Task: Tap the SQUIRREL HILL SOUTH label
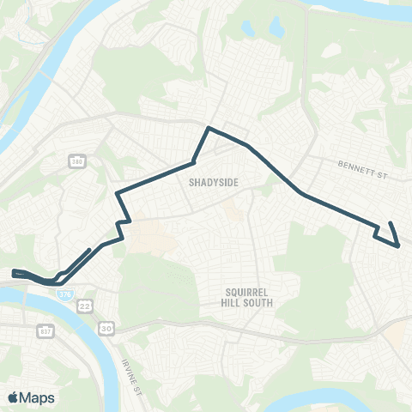tap(245, 296)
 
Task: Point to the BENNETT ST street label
tap(364, 163)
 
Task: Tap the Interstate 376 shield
tap(65, 294)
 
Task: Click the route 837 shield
tap(45, 331)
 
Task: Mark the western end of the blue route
tap(14, 274)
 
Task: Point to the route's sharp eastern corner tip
tap(399, 246)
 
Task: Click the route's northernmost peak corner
tap(208, 128)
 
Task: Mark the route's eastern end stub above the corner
tap(391, 224)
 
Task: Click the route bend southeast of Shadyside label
tap(303, 196)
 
